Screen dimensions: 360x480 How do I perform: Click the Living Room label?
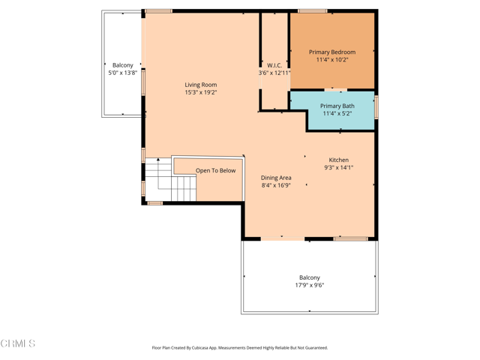200,85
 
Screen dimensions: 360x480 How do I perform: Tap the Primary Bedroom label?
332,52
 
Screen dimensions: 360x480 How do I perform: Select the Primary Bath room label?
337,106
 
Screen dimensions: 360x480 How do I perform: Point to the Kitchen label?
338,160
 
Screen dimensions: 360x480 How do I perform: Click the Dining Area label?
276,178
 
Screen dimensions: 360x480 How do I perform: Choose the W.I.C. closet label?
274,65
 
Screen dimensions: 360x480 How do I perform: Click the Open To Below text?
215,170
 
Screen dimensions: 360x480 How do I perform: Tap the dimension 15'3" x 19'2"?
200,92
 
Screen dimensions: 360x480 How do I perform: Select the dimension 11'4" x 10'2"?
332,59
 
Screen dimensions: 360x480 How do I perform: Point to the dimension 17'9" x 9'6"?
309,285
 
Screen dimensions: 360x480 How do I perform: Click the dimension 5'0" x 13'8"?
123,73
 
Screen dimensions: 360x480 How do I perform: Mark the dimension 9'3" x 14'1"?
338,167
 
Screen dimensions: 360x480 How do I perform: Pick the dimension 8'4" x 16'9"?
276,185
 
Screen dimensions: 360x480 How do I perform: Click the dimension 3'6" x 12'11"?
274,73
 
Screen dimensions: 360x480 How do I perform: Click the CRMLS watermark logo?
18,343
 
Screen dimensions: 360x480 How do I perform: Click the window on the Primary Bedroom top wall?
312,11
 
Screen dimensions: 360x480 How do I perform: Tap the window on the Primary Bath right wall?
376,106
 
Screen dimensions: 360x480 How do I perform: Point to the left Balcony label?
123,65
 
